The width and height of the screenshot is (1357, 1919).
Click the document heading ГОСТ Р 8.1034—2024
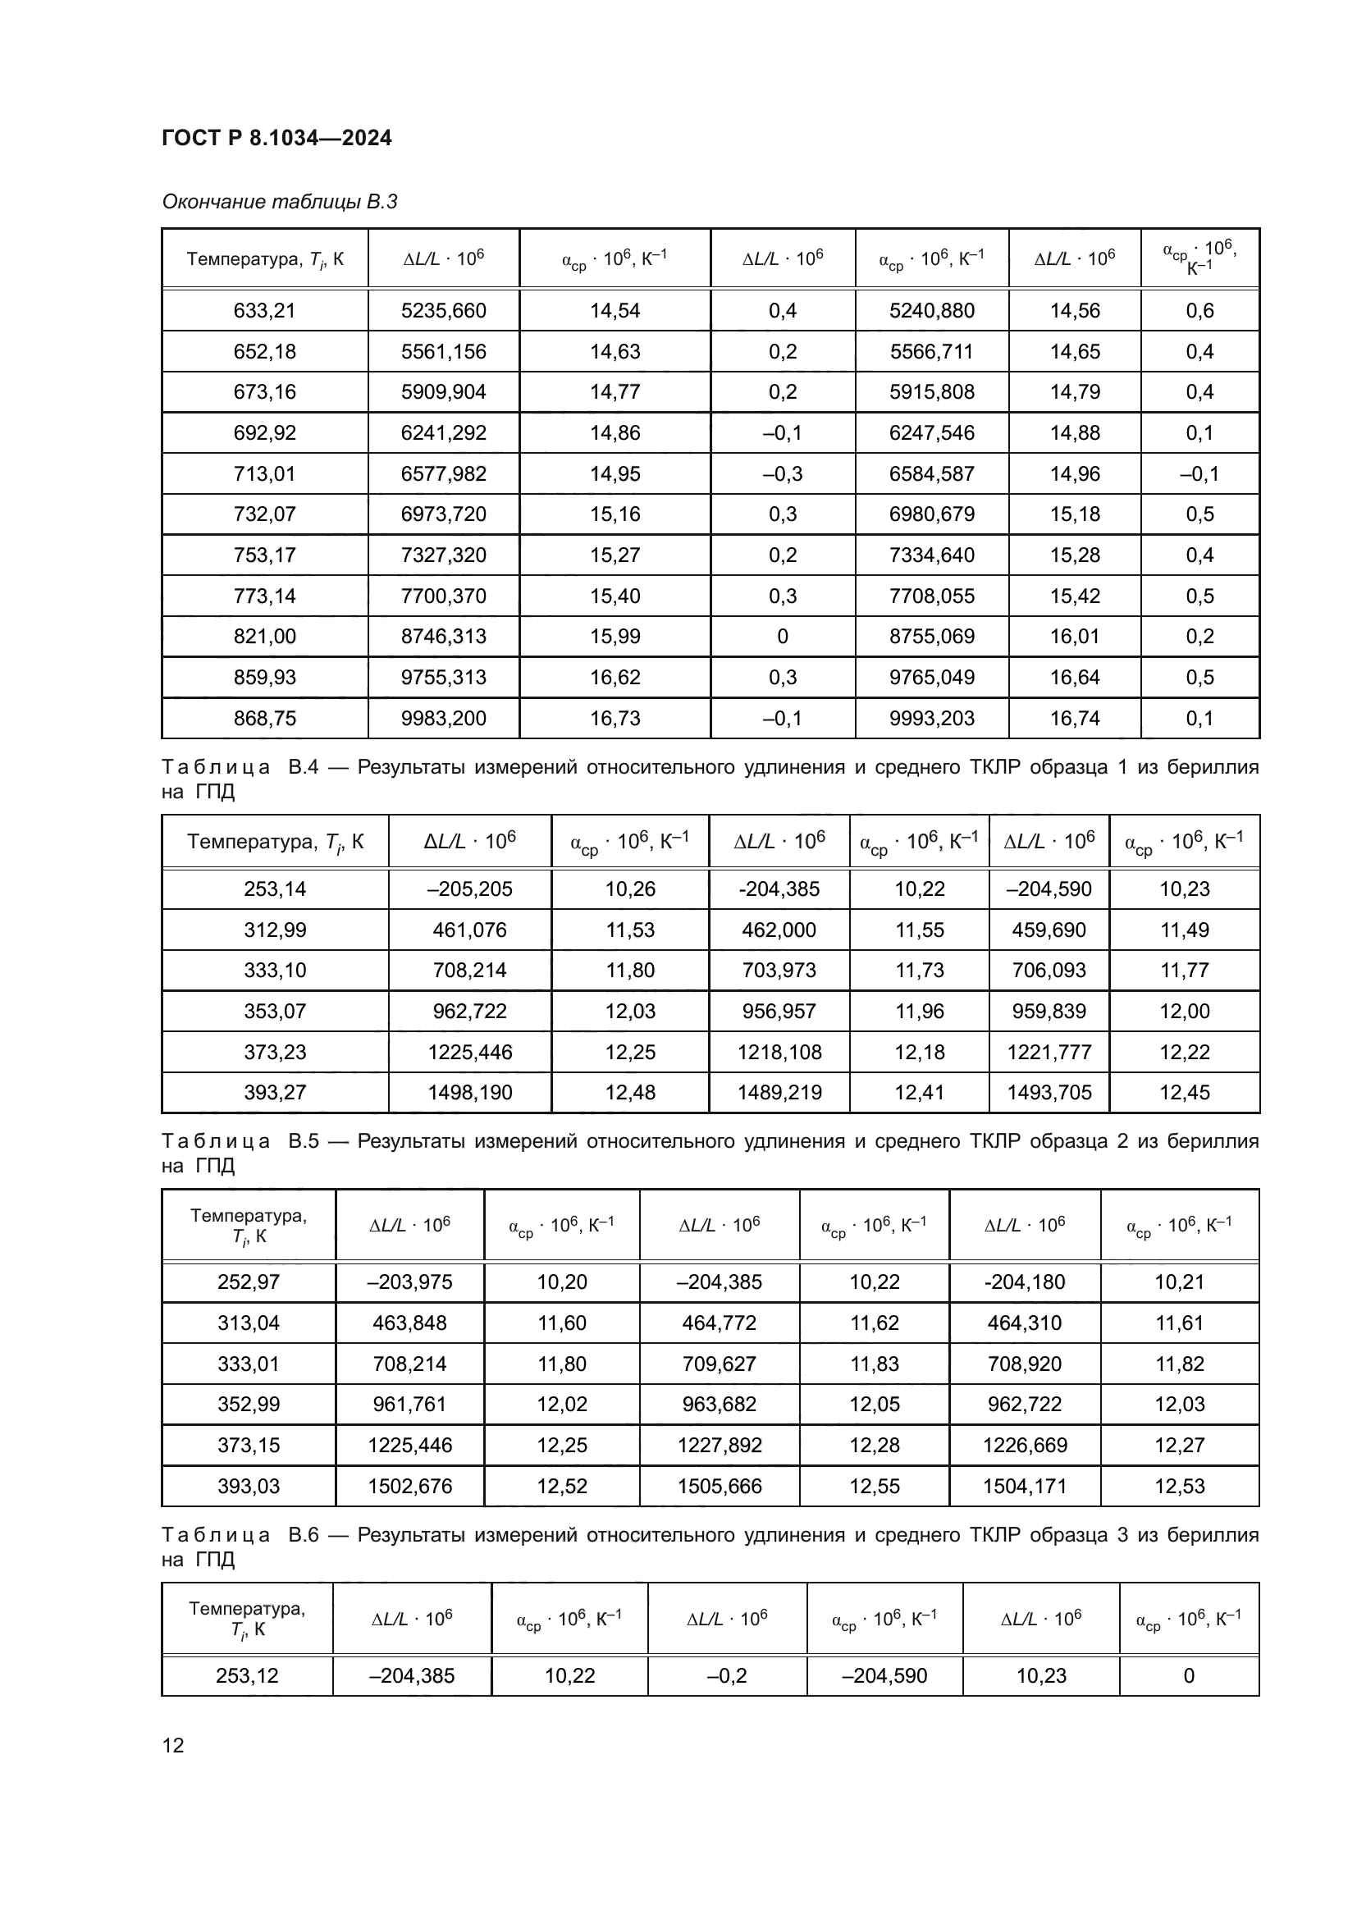[x=276, y=138]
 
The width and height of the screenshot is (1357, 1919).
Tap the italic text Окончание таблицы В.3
[x=279, y=202]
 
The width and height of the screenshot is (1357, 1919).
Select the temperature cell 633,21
[x=264, y=311]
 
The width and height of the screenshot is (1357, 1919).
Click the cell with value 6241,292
[x=443, y=433]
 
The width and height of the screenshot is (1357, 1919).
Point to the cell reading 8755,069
[x=931, y=637]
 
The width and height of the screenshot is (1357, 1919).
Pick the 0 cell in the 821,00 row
[x=782, y=637]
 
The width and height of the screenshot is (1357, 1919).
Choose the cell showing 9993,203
[x=931, y=718]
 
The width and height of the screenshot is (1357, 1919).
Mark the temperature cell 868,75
[x=264, y=718]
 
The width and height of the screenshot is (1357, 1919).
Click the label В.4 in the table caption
[x=304, y=767]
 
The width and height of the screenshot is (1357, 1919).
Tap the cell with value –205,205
[x=469, y=889]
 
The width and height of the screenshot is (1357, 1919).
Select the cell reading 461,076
[x=469, y=930]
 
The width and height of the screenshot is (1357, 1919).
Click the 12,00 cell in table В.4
[x=1184, y=1012]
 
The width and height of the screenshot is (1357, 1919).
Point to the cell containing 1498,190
[x=469, y=1092]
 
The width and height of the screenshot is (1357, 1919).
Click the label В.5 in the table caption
[x=304, y=1142]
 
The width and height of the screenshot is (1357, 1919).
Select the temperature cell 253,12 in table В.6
[x=246, y=1676]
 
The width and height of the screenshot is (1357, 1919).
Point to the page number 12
[x=173, y=1745]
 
